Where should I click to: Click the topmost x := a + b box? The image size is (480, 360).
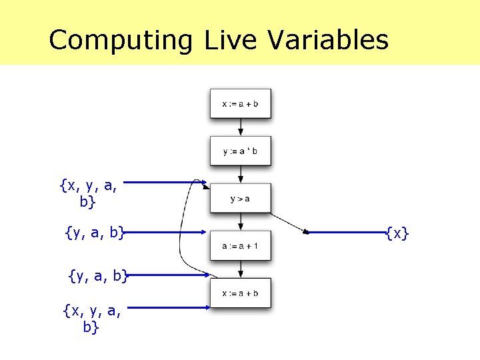coord(240,103)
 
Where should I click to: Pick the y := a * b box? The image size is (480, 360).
coord(240,151)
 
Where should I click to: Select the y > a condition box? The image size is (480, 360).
coord(240,198)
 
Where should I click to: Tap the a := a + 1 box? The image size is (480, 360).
coord(240,245)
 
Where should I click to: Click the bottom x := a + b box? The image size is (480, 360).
coord(240,293)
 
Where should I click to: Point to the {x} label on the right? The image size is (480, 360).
coord(397,233)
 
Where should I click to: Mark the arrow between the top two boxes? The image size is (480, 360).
coord(241,127)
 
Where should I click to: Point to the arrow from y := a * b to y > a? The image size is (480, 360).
coord(241,175)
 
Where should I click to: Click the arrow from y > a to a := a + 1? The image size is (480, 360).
coord(241,222)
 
